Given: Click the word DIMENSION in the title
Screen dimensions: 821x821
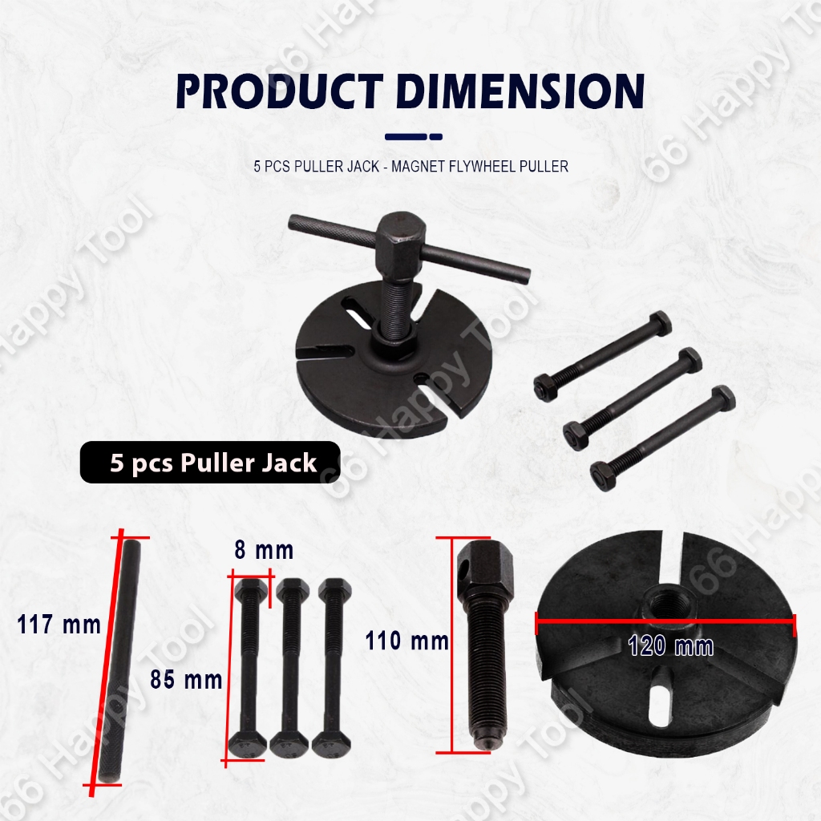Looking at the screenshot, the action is pyautogui.click(x=520, y=91).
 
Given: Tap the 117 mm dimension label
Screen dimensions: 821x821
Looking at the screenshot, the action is pyautogui.click(x=59, y=625).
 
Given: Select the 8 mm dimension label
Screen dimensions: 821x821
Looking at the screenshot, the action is pyautogui.click(x=264, y=550).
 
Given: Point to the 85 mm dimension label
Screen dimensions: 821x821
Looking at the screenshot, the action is pyautogui.click(x=186, y=680).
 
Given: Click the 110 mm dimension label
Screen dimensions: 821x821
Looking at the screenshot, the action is pyautogui.click(x=406, y=641).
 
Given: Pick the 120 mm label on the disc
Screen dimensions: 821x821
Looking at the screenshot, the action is pyautogui.click(x=671, y=645).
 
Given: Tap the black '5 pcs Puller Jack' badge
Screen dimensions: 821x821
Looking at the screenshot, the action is pyautogui.click(x=210, y=463).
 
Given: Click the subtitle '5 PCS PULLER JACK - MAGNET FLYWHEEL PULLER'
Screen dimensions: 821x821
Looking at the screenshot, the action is pyautogui.click(x=411, y=167).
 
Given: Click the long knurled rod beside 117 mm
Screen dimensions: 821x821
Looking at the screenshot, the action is pyautogui.click(x=119, y=661).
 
